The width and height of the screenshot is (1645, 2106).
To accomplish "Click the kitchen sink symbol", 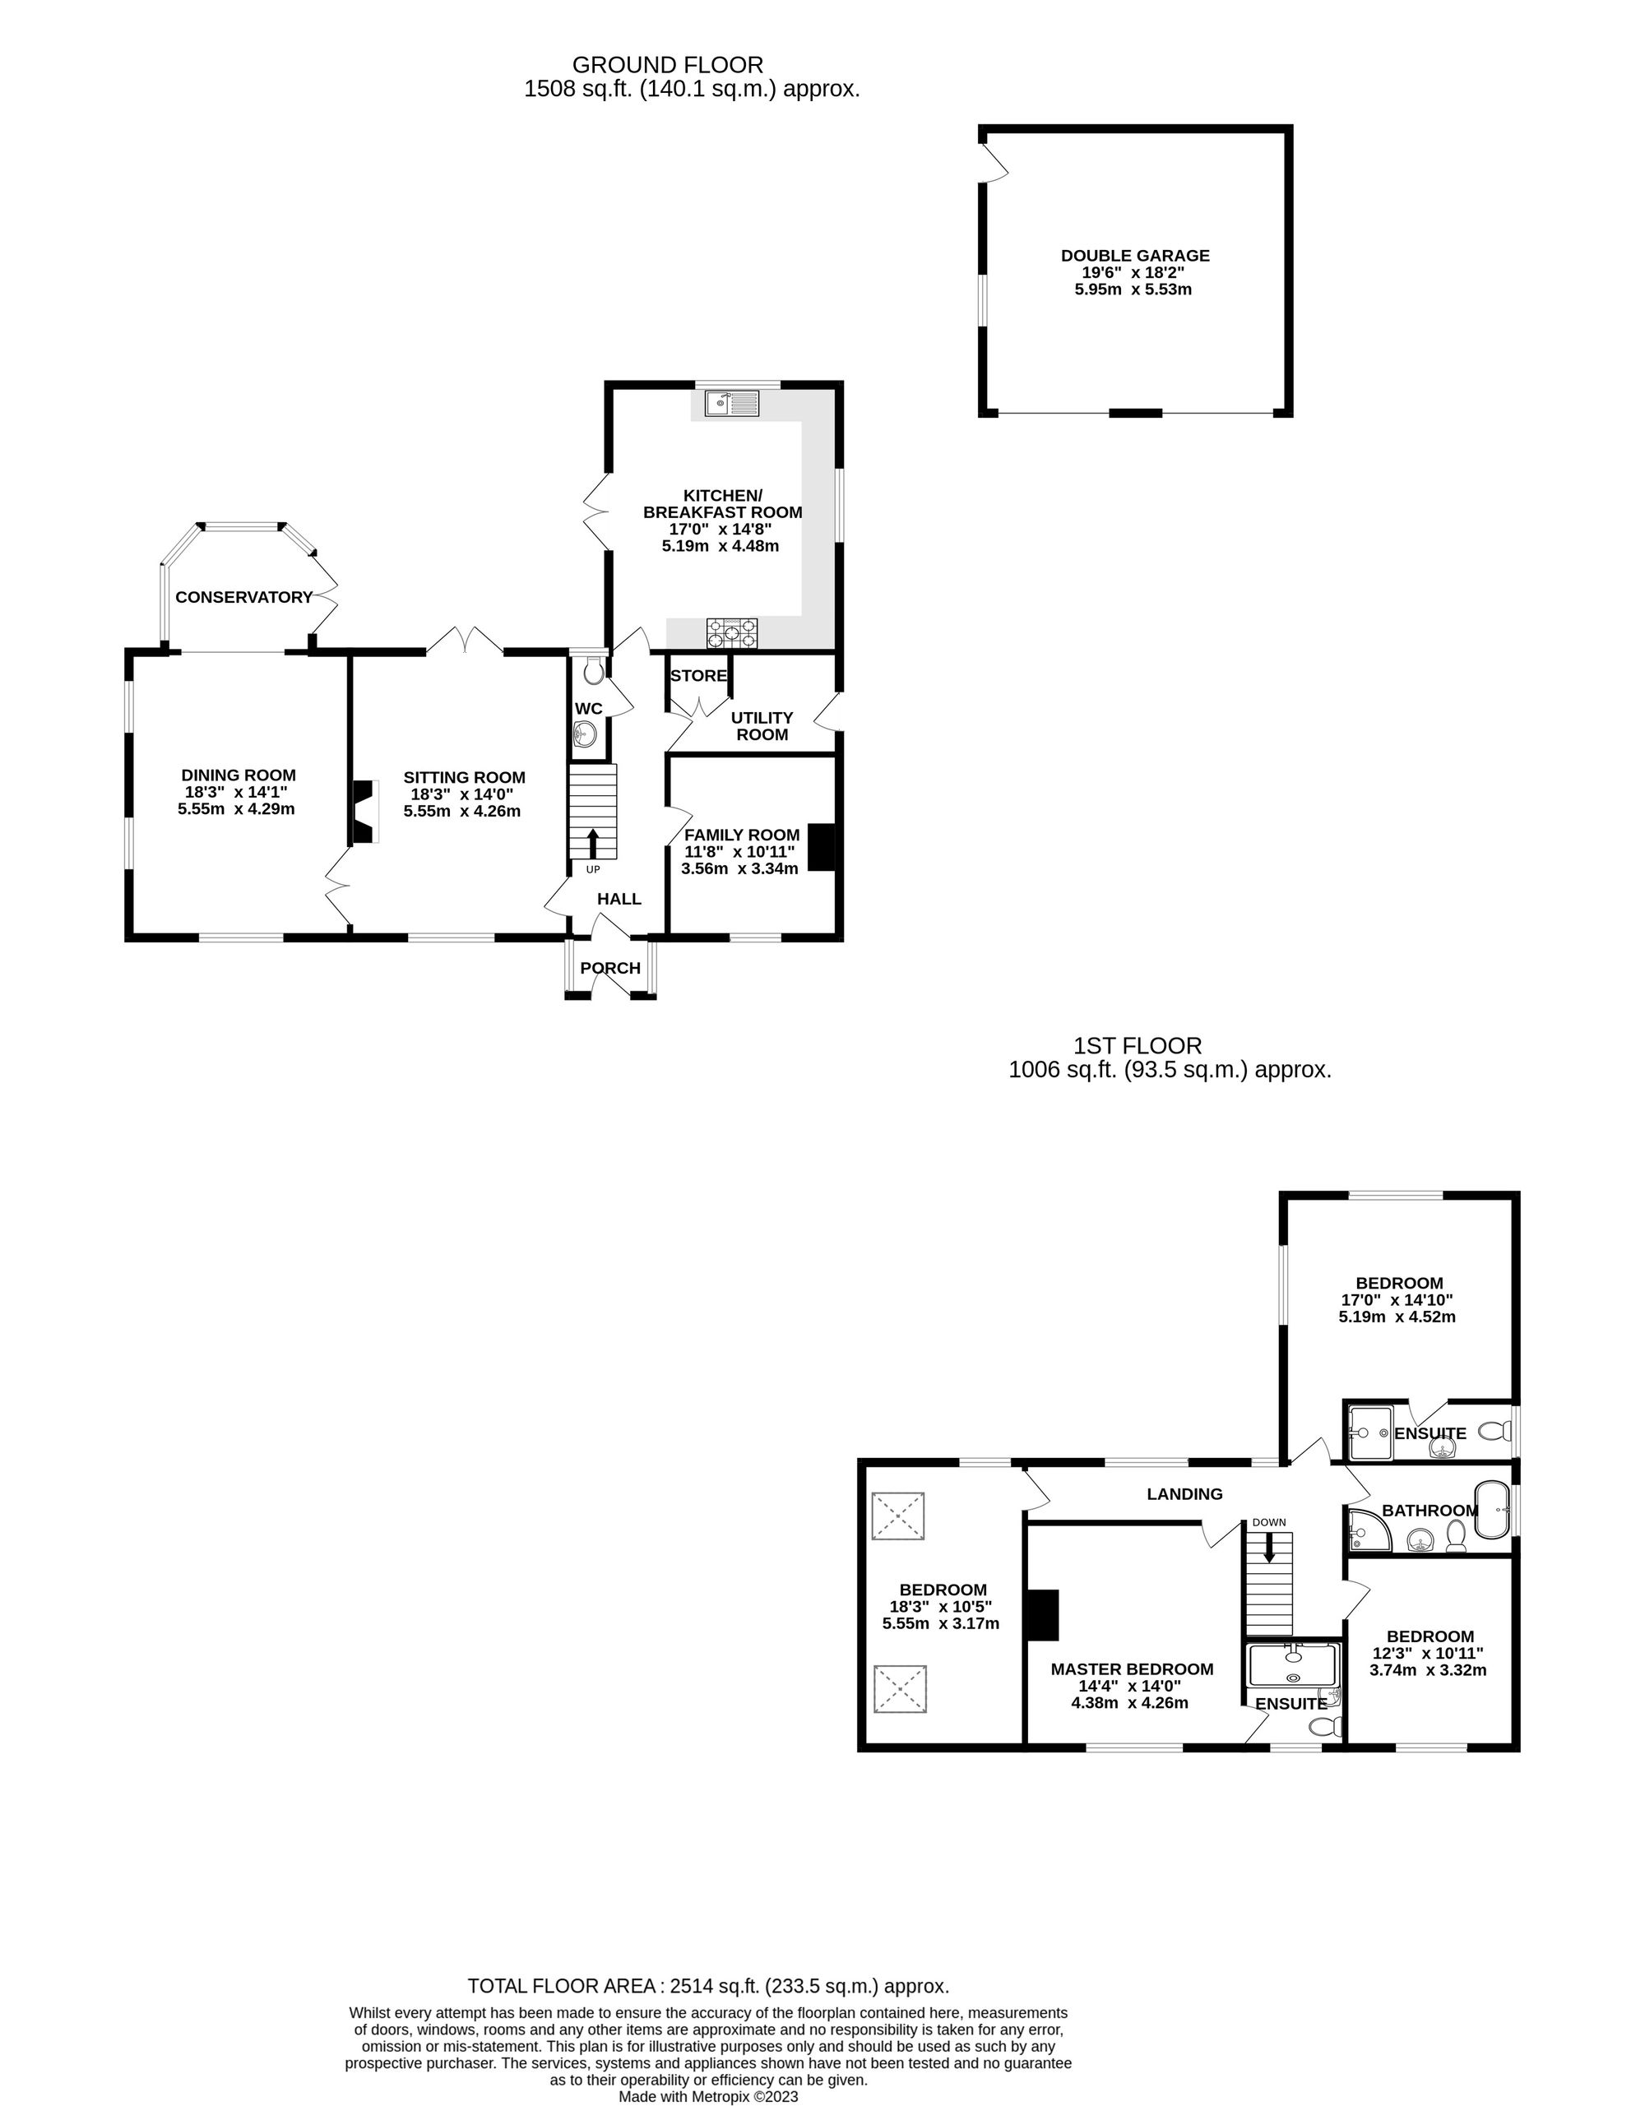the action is click(x=733, y=403).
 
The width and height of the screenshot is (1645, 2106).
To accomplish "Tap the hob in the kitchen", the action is click(x=733, y=632).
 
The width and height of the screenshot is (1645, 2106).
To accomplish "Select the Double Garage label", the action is click(x=1135, y=256).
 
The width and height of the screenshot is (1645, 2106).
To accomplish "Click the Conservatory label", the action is click(x=244, y=597).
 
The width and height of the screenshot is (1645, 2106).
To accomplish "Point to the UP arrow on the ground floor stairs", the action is click(x=592, y=843).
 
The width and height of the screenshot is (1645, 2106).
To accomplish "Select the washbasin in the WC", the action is click(x=584, y=738).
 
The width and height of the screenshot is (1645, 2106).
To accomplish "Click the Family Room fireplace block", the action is click(x=821, y=848).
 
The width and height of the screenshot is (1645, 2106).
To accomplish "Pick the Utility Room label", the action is click(x=762, y=726).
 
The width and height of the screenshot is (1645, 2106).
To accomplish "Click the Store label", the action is click(x=698, y=676).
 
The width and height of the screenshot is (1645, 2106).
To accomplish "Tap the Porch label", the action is click(x=610, y=968).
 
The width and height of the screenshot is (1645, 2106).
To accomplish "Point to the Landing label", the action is click(x=1184, y=1493).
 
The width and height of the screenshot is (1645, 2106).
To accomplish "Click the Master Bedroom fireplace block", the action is click(x=1041, y=1614).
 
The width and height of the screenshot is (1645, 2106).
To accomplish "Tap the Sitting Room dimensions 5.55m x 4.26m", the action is click(x=462, y=811).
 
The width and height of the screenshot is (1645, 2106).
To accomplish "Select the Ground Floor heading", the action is click(x=667, y=65).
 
